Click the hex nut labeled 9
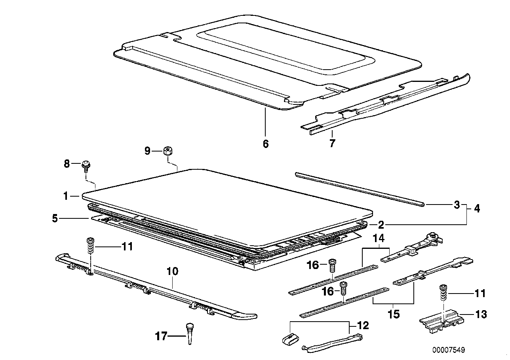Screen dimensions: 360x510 click(167, 151)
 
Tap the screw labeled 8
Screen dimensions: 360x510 click(86, 165)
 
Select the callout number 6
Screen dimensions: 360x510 click(265, 144)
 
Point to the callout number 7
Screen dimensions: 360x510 click(332, 143)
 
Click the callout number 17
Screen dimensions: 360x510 click(161, 337)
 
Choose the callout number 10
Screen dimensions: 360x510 click(173, 271)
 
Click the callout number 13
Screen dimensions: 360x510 click(481, 315)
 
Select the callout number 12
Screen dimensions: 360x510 click(363, 326)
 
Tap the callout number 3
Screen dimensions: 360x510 click(457, 205)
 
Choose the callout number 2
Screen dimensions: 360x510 click(381, 225)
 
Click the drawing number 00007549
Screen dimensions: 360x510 click(448, 350)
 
